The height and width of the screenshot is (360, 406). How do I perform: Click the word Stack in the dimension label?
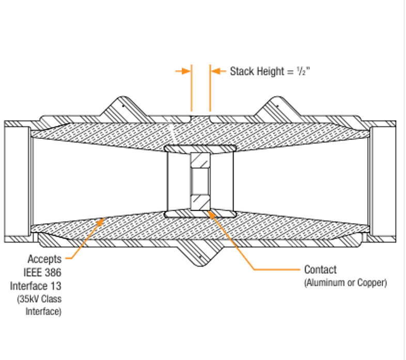(242, 71)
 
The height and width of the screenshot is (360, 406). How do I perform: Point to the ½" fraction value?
(302, 71)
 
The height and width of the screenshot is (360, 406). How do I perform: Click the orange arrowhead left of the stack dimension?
(186, 71)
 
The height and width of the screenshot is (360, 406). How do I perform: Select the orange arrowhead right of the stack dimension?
(216, 71)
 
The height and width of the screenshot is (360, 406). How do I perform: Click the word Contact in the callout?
(320, 270)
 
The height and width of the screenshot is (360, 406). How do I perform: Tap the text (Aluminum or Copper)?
(346, 283)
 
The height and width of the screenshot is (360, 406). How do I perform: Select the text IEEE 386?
(42, 272)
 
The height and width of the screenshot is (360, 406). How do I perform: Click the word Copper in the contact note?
(372, 283)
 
